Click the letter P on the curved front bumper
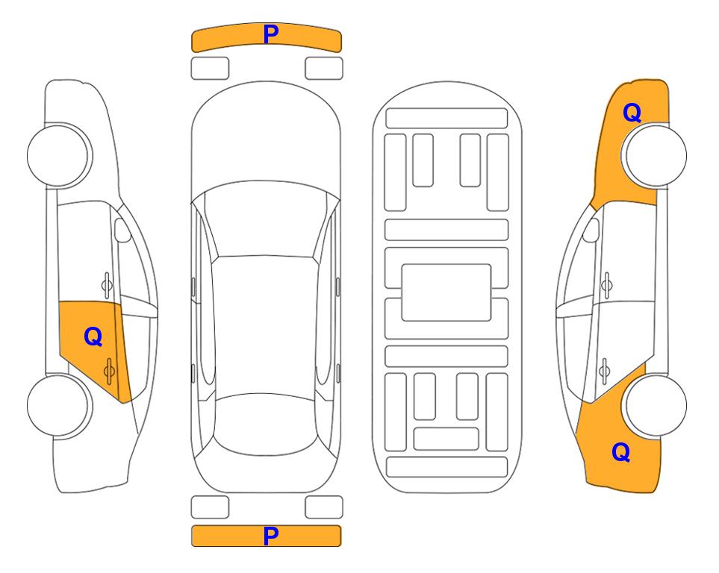(271, 34)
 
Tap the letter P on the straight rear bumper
(271, 536)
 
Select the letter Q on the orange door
(93, 337)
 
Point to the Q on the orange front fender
(632, 113)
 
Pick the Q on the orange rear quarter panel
(621, 452)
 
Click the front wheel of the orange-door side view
(59, 155)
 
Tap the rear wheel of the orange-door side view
(59, 405)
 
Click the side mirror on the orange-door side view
(122, 231)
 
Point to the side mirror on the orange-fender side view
(591, 231)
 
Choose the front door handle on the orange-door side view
(107, 285)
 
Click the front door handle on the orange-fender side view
(607, 285)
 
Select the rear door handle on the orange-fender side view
(605, 371)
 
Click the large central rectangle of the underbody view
(446, 292)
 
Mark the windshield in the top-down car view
(266, 219)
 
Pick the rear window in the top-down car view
(266, 423)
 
